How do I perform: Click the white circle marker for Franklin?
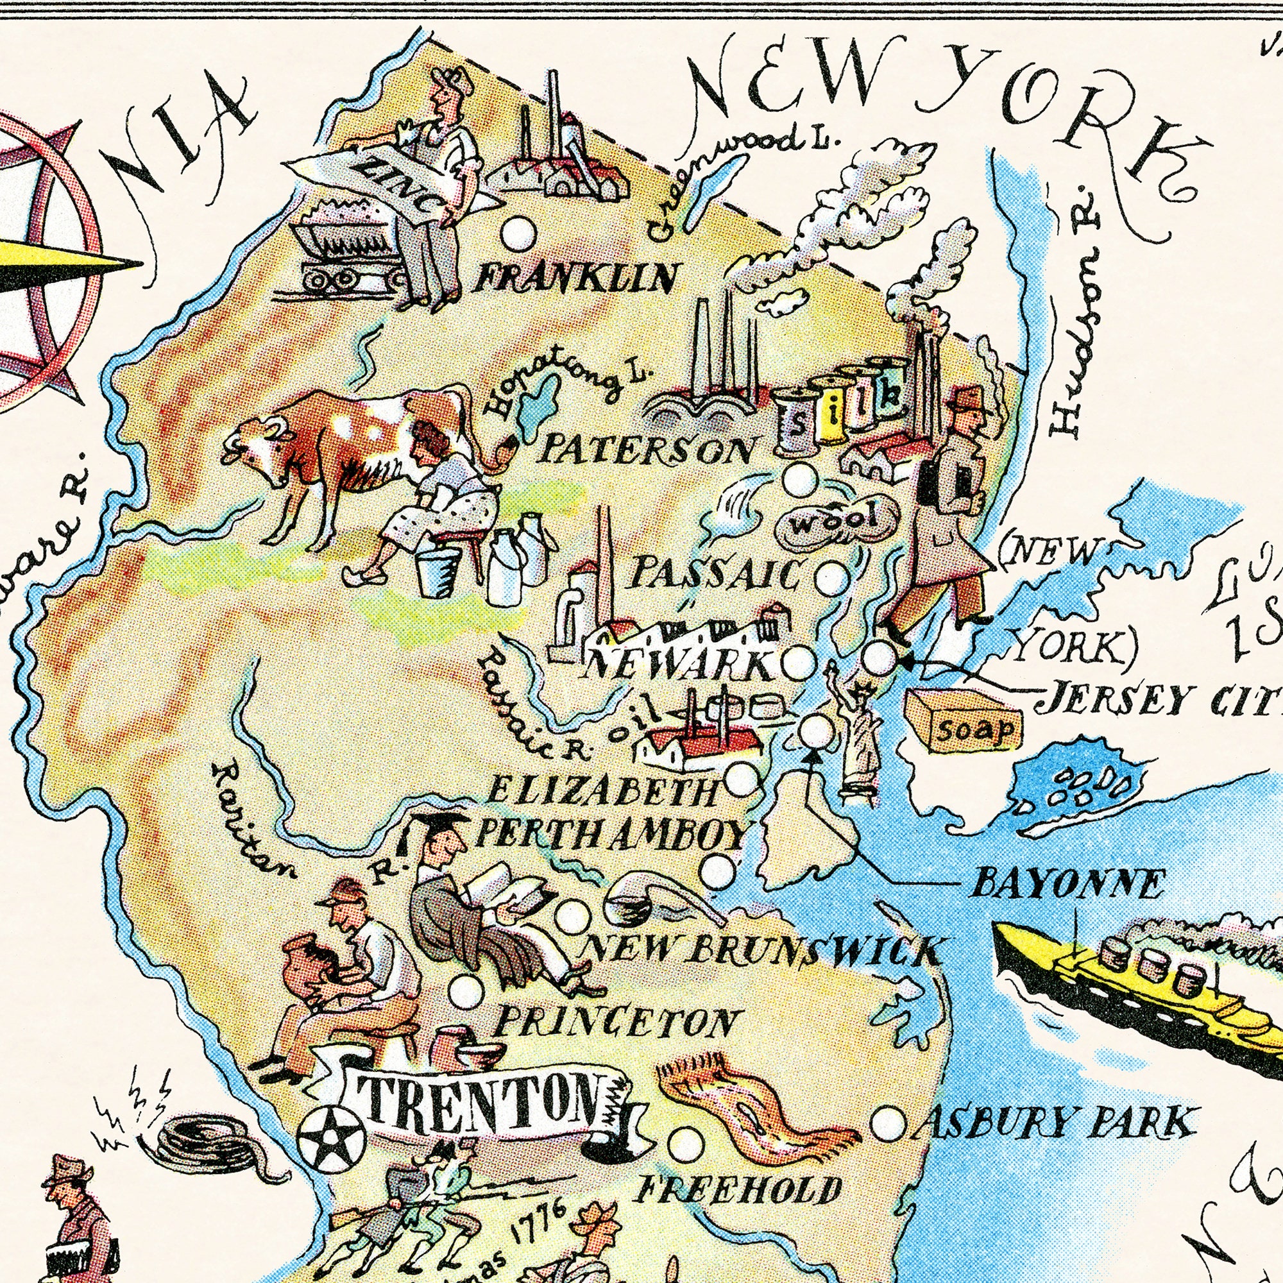518,234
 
